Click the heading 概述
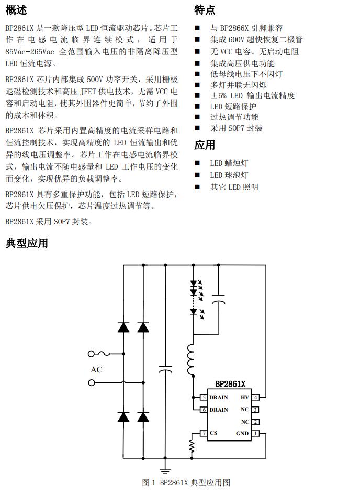(16, 9)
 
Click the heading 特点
(205, 9)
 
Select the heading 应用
(205, 145)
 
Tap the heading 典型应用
(27, 243)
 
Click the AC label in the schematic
(96, 370)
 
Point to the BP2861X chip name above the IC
(230, 385)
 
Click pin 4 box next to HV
(255, 398)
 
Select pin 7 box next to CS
(204, 433)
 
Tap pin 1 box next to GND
(255, 433)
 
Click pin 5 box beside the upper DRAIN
(204, 398)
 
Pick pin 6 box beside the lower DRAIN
(204, 410)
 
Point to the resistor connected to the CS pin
(193, 446)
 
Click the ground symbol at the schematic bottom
(165, 465)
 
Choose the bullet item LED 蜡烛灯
(229, 163)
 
